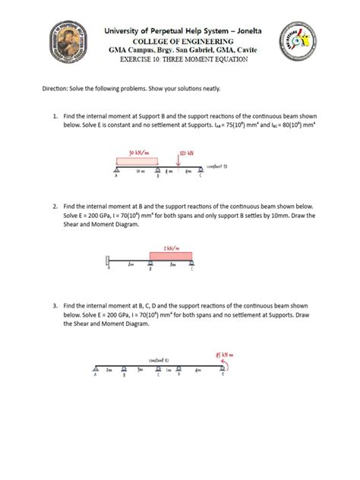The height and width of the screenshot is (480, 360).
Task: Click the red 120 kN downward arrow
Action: click(x=178, y=160)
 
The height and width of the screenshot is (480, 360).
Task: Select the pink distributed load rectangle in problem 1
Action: click(x=137, y=162)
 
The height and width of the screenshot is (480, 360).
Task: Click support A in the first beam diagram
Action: click(x=117, y=171)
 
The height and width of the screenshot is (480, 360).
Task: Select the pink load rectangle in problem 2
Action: click(x=172, y=256)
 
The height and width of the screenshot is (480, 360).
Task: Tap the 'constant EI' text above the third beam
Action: click(x=159, y=361)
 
